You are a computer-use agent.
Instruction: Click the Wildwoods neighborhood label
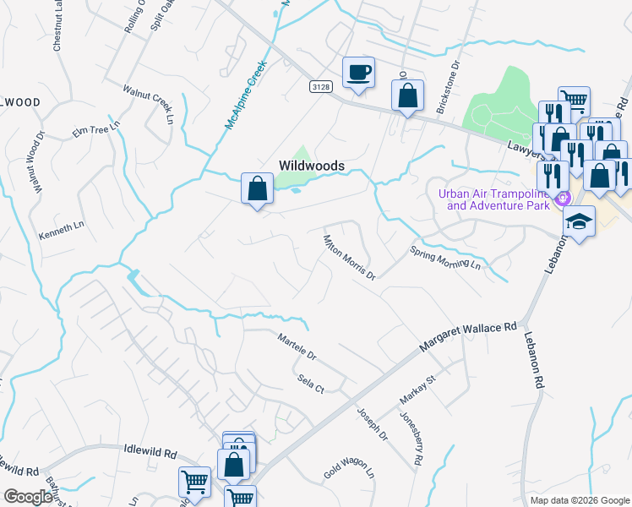tap(312, 166)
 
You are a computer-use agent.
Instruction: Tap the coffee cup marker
tap(358, 73)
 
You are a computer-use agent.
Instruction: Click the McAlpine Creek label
tap(246, 94)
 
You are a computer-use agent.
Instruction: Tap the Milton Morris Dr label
tap(349, 256)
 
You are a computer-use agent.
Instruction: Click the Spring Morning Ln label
tap(444, 259)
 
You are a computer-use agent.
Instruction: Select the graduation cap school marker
tap(579, 222)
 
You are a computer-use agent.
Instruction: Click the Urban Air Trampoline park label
tap(498, 199)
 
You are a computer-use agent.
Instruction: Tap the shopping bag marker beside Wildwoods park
tap(258, 188)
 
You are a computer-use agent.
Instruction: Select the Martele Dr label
tap(297, 346)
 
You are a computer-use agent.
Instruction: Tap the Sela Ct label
tap(311, 383)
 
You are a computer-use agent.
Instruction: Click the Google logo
tap(28, 497)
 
